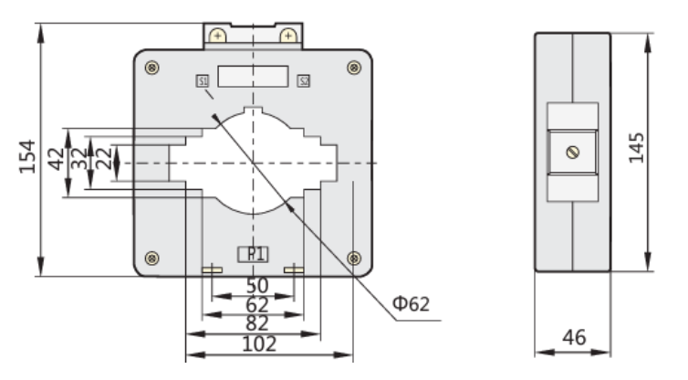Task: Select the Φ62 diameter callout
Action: [x=412, y=303]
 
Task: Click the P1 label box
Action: [x=253, y=255]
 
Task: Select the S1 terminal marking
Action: [x=203, y=81]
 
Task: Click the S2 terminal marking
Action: [x=304, y=81]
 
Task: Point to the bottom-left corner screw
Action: [x=152, y=257]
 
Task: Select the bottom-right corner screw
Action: [x=354, y=257]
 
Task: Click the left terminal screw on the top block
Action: [x=218, y=36]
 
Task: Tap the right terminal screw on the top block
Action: [x=288, y=36]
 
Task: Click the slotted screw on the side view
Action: [x=572, y=152]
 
